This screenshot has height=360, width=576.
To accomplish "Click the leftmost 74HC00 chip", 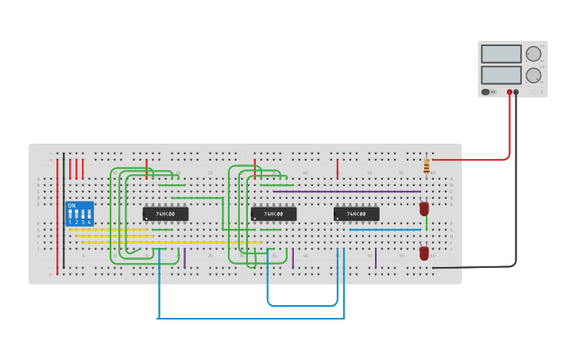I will [x=165, y=214].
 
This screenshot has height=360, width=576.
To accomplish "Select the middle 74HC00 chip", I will [x=273, y=214].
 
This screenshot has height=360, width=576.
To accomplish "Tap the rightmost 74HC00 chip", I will [x=356, y=214].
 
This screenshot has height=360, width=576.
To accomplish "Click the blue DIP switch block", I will [x=79, y=214].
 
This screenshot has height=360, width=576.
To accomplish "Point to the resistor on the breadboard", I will [x=427, y=166].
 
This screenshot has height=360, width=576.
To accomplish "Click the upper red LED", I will [x=424, y=208].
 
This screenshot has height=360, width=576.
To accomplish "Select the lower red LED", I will [x=424, y=253].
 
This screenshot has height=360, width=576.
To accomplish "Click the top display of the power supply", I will [x=501, y=54].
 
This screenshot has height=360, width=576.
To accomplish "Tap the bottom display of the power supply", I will [x=501, y=75].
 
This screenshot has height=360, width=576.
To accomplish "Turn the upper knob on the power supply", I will [x=533, y=54].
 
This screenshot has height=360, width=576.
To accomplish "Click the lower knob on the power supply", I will [x=533, y=75].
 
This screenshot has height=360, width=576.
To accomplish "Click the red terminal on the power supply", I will [x=509, y=92].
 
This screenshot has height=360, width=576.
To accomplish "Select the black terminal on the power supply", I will [x=516, y=92].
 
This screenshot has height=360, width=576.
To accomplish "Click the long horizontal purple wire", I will [x=346, y=192].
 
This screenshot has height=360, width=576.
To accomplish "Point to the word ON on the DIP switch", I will [x=72, y=206].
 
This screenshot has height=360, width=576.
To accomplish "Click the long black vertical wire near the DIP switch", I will [x=64, y=211].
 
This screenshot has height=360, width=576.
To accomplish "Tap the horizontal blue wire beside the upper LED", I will [x=385, y=230].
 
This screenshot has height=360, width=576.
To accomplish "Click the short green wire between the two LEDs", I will [x=427, y=224].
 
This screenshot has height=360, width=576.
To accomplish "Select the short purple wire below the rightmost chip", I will [x=376, y=258].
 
